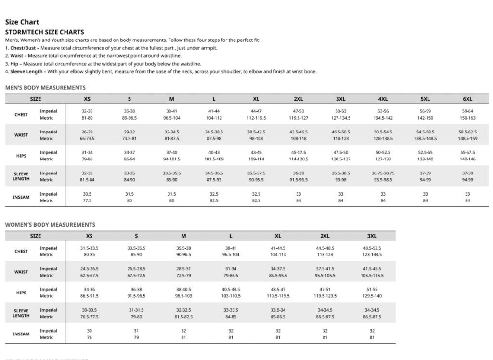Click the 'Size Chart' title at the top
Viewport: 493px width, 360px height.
click(22, 22)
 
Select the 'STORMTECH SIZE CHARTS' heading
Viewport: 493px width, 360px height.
click(44, 32)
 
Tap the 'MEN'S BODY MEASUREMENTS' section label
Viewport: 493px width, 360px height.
click(45, 88)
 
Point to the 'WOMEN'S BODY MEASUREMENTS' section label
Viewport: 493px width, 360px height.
click(50, 225)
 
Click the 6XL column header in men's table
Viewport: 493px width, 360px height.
click(467, 99)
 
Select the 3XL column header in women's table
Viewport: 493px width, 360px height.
click(372, 236)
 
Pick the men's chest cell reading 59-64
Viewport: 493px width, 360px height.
click(467, 111)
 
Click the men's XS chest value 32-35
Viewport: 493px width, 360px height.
click(87, 111)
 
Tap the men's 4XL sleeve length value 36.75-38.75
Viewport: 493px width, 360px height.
click(383, 173)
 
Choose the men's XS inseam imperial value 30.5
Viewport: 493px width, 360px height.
click(87, 194)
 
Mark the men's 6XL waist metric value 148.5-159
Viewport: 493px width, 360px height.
click(467, 138)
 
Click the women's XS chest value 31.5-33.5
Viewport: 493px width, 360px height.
click(89, 249)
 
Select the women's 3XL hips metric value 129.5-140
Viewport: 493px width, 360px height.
click(372, 296)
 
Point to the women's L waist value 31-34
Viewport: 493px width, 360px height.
click(231, 269)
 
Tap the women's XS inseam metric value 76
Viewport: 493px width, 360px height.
click(89, 337)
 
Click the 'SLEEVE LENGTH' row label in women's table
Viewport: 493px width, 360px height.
click(21, 313)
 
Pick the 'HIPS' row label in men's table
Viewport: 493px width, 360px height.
click(21, 156)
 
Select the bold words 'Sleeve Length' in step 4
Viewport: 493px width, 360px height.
click(27, 72)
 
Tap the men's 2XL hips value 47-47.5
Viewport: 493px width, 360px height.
click(298, 153)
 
